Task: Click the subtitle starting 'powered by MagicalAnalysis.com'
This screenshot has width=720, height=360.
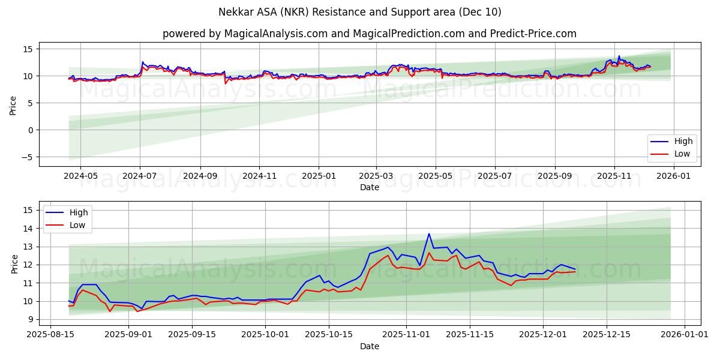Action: [x=369, y=34]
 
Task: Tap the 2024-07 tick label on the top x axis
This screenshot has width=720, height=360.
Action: [x=140, y=176]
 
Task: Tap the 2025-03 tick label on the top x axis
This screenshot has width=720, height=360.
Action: [x=376, y=176]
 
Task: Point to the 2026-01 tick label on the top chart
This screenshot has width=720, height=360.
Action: [x=673, y=176]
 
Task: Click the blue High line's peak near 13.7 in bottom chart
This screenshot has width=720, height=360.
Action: [x=429, y=233]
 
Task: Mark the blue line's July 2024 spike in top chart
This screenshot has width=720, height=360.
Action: [x=142, y=62]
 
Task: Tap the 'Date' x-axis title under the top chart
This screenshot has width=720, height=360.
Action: [x=369, y=187]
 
